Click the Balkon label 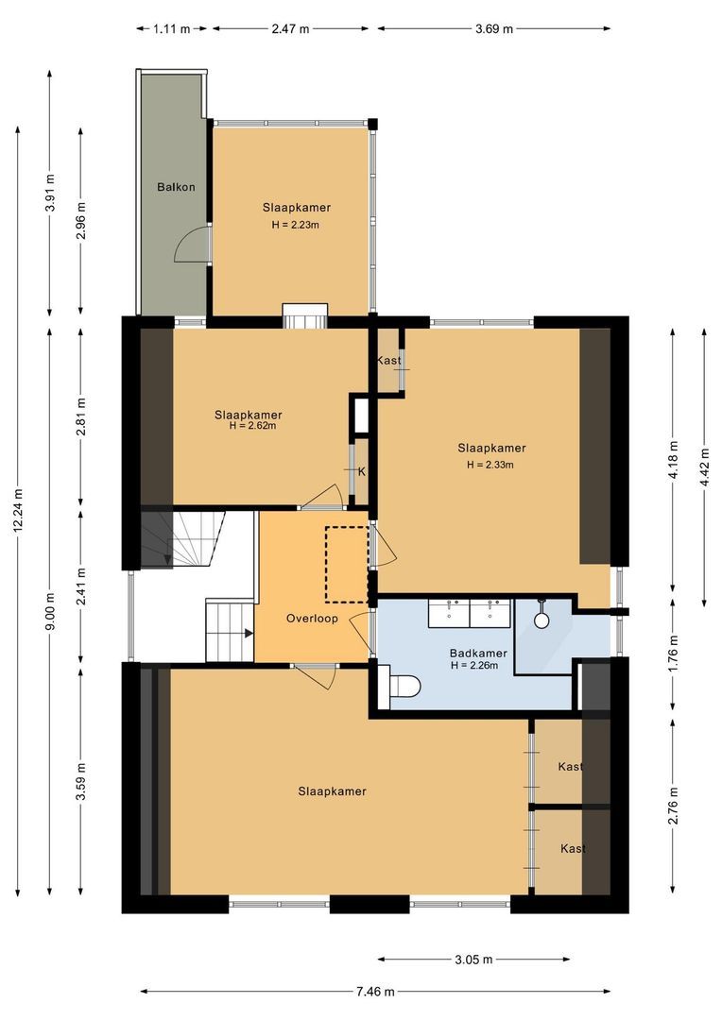tap(176, 187)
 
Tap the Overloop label tap(312, 619)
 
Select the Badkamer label tap(478, 653)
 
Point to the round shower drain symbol tap(541, 620)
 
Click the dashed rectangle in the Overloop tap(347, 564)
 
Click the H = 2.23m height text tap(296, 225)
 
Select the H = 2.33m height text tap(491, 465)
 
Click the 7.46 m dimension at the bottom tap(375, 992)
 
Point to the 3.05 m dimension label tap(473, 960)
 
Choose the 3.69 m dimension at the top tap(493, 28)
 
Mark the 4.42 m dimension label tap(704, 467)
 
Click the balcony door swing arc tap(189, 246)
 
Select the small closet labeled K tap(360, 470)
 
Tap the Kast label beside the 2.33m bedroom tap(388, 361)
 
